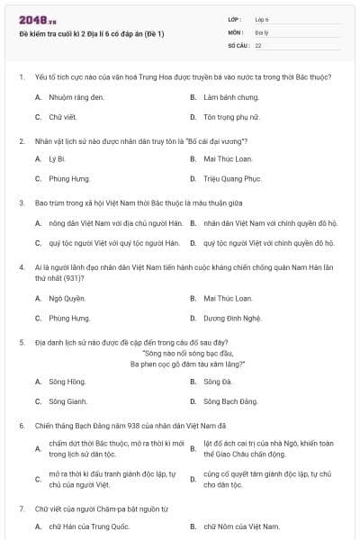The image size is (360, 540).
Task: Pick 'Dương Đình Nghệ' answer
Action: [x=237, y=319]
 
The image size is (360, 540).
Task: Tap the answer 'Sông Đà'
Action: [x=220, y=381]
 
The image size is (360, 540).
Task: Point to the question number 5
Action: [x=21, y=342]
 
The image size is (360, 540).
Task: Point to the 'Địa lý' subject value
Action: [x=262, y=31]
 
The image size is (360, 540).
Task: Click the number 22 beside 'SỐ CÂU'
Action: [x=258, y=44]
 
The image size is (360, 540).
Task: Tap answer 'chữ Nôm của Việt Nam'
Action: [x=241, y=526]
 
